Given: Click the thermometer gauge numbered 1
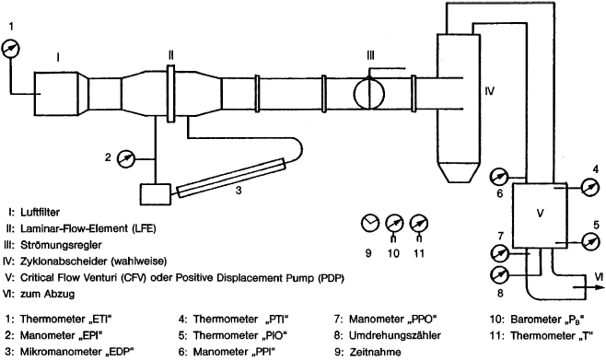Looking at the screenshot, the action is (10, 49).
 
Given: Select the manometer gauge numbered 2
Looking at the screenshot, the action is (125, 158).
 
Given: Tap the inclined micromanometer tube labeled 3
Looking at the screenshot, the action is (231, 178).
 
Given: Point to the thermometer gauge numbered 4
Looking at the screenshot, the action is (589, 187).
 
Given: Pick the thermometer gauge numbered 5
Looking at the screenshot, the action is (589, 242).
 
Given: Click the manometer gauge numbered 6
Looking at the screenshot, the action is (499, 178).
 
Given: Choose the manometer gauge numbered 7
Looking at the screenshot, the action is (499, 253).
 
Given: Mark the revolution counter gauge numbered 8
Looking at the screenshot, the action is (499, 275).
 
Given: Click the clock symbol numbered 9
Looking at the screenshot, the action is (370, 223).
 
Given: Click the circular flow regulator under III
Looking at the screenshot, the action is (369, 93).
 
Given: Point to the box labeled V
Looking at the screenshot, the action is (540, 215).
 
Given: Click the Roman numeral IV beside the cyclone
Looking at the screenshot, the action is (490, 91).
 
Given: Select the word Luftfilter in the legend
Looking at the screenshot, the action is (41, 212).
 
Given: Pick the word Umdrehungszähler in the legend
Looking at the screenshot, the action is (394, 336).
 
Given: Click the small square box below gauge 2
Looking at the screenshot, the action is (155, 194).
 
